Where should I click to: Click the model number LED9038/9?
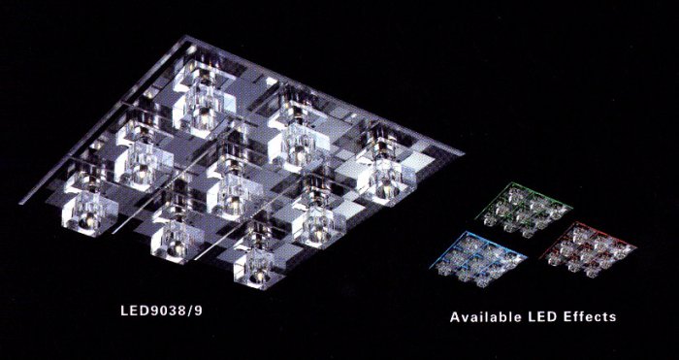pos(161,311)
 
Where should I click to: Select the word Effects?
pos(590,316)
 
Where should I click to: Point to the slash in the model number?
pos(191,311)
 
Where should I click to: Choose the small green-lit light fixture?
pos(524,209)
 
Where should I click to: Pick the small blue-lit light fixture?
pos(478,259)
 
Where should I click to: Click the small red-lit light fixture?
pos(588,248)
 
